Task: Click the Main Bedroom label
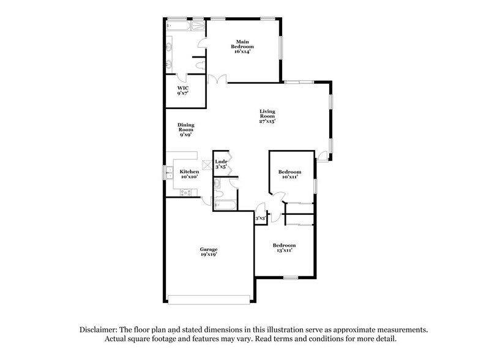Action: (243, 47)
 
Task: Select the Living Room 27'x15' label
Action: (267, 116)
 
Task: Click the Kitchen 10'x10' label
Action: (189, 174)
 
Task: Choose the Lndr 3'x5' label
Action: (221, 164)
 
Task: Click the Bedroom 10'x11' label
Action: (289, 174)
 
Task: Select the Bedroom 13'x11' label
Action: (285, 247)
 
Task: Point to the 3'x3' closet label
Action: (259, 217)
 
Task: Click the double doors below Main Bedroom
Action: (217, 80)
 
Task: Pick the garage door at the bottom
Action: (208, 299)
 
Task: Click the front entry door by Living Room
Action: (321, 159)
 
